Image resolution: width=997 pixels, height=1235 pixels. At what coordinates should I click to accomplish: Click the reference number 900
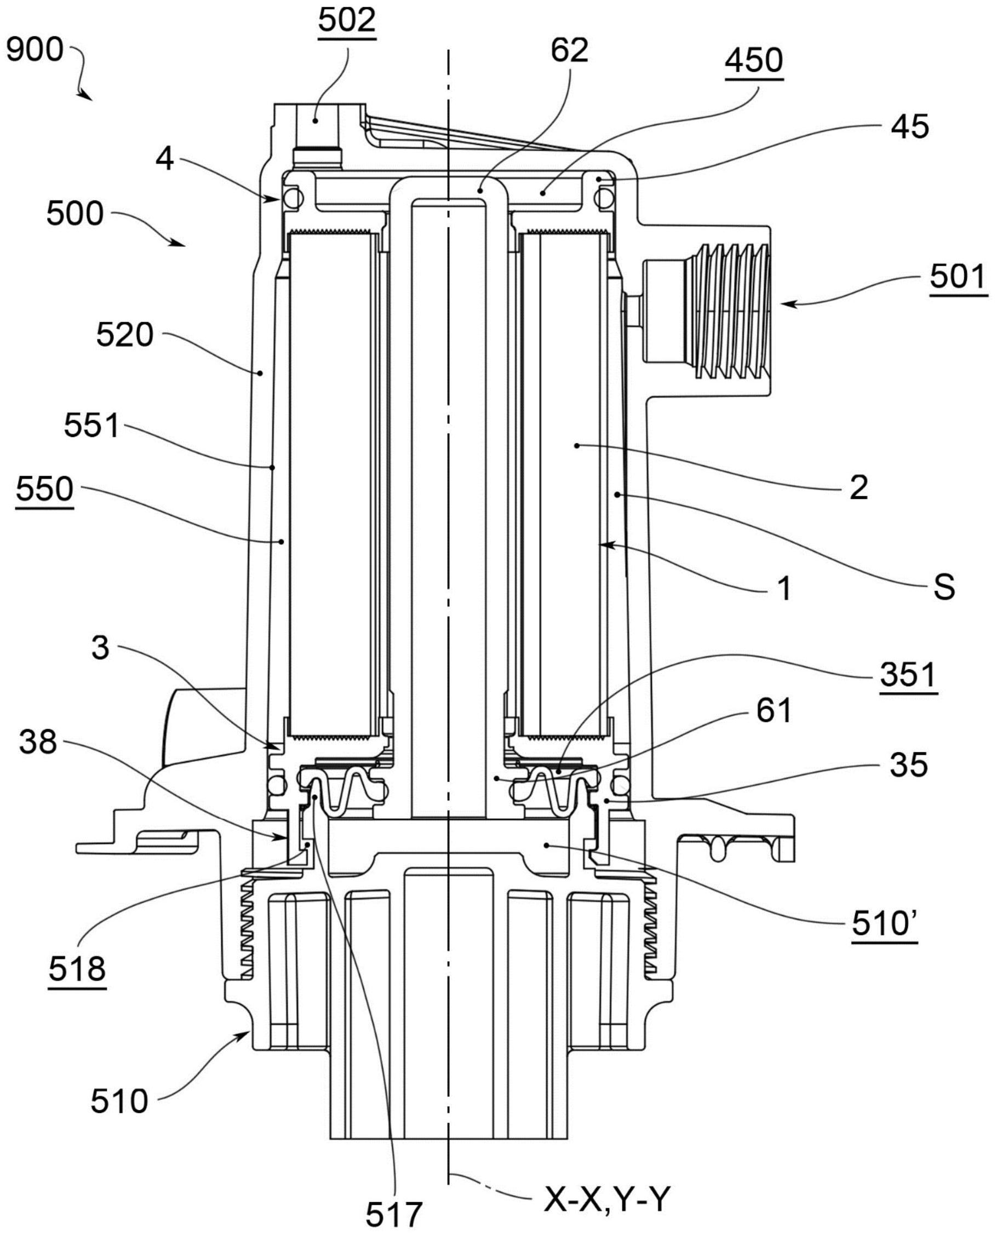(35, 50)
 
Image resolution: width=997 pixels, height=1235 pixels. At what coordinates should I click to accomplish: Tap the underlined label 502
(347, 21)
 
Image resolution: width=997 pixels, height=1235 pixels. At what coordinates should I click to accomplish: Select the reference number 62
(570, 50)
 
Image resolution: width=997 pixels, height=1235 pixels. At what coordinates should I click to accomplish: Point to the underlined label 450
(754, 60)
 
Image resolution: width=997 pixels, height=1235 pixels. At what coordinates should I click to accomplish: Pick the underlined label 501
(959, 277)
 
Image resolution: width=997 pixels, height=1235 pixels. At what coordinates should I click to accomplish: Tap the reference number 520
(125, 335)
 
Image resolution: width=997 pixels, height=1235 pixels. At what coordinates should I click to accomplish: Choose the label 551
(92, 426)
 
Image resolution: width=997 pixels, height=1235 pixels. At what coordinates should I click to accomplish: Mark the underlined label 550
(45, 489)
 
